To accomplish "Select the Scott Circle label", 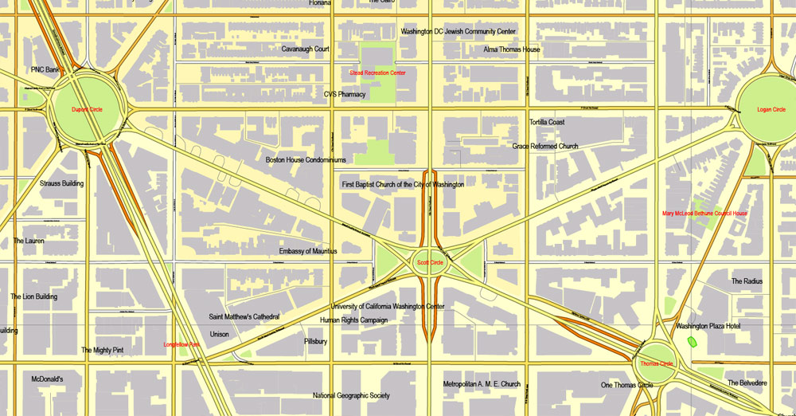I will [430, 262].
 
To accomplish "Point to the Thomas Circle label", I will [657, 364].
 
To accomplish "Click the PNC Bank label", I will [45, 70].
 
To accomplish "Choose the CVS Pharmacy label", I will [345, 94].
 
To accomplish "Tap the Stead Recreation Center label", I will [377, 73].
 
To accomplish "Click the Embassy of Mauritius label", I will [308, 251].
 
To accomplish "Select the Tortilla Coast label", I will [547, 122].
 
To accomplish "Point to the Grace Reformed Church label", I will [545, 147].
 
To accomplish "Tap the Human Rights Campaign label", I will [353, 320].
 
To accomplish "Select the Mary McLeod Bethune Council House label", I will [705, 214].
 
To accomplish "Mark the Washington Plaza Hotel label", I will [708, 326].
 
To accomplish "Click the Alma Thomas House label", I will [512, 49].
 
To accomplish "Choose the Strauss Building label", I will [61, 183].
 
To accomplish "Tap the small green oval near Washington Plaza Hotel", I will [690, 341].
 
